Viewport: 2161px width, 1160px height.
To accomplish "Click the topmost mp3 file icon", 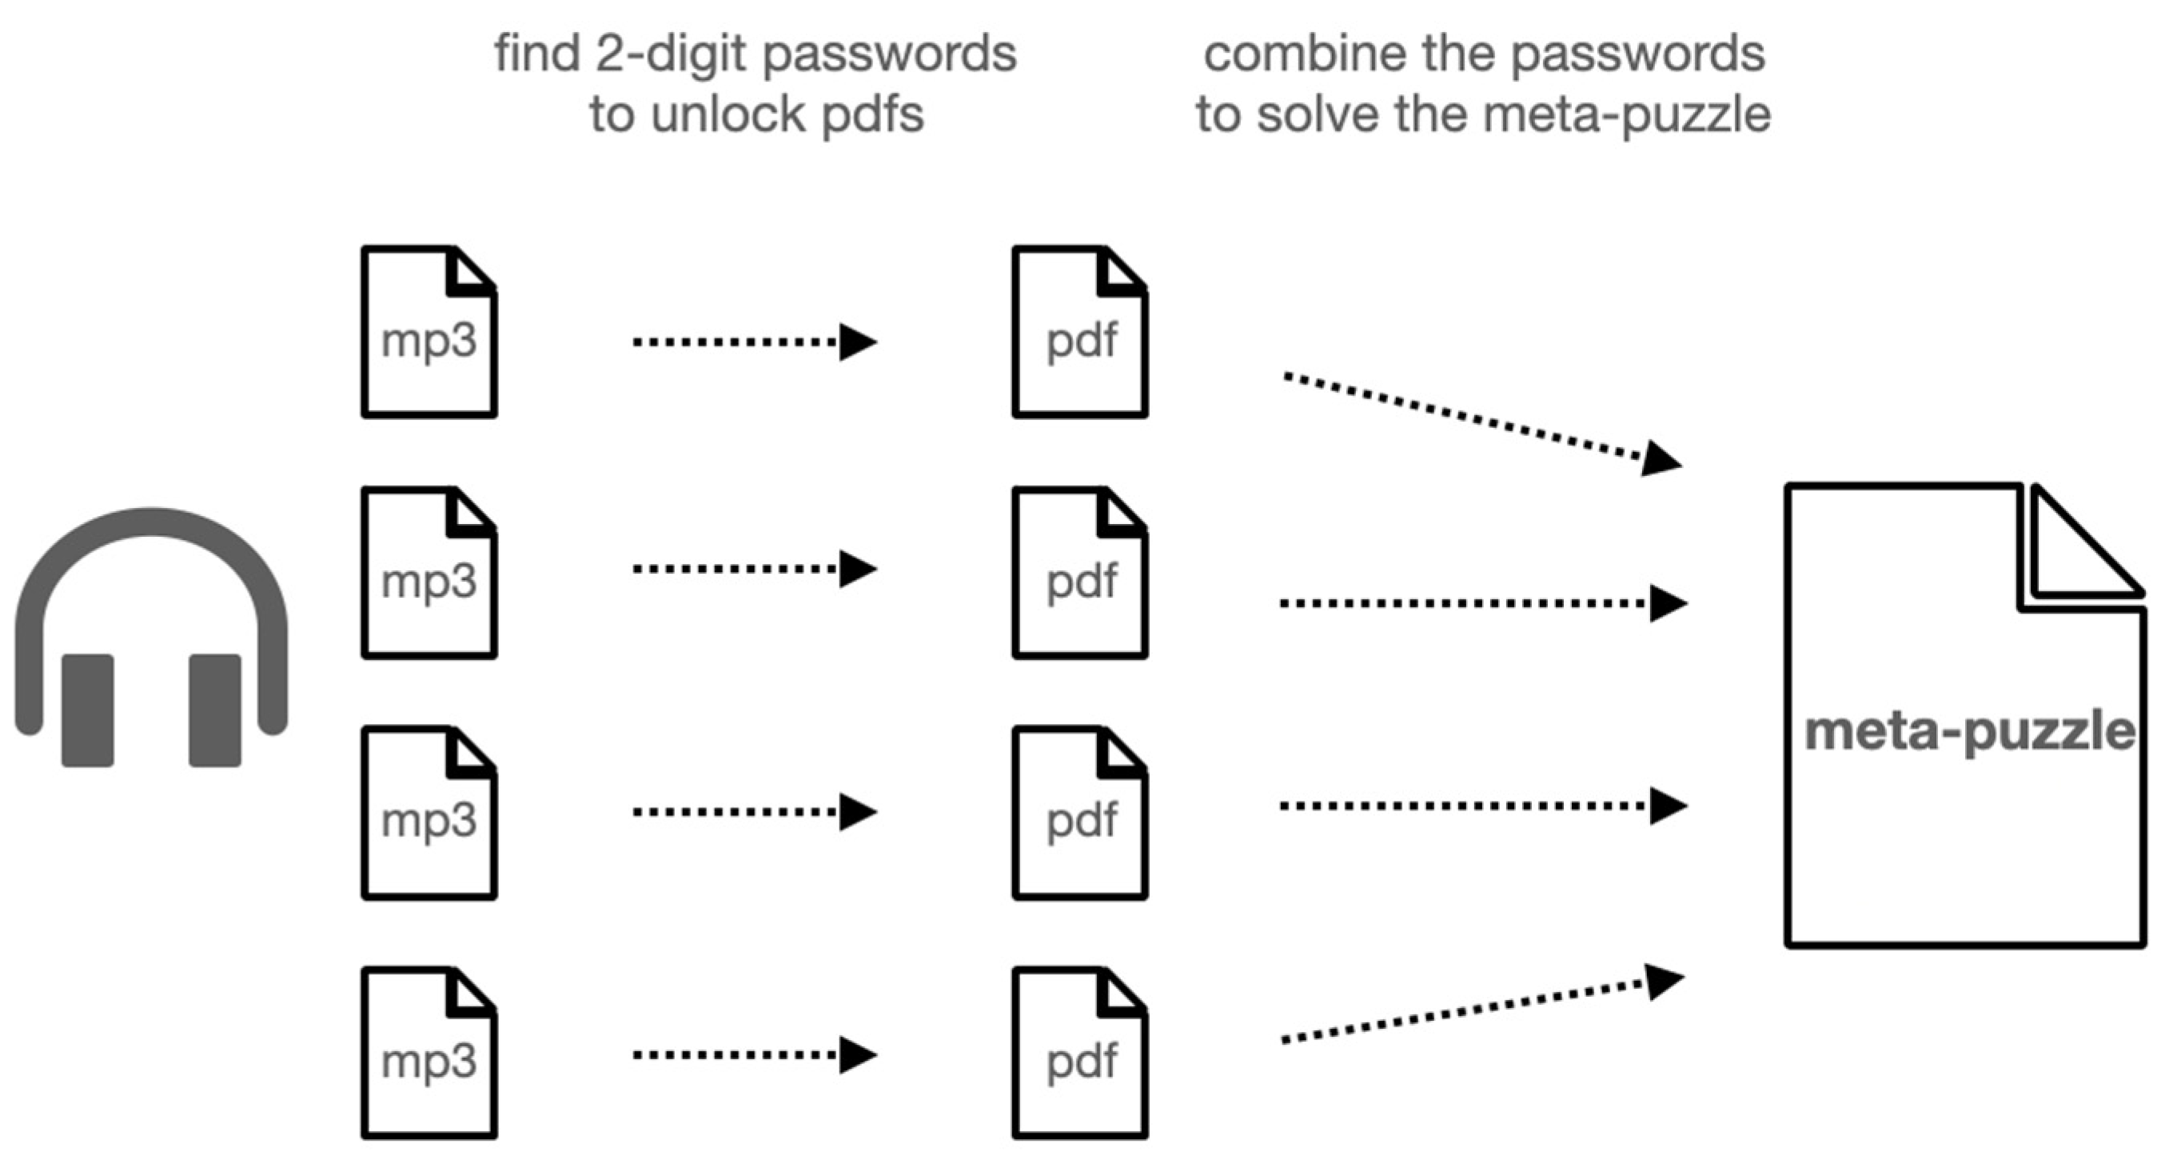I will pos(429,332).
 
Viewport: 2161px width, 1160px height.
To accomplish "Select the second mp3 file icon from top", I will pos(429,573).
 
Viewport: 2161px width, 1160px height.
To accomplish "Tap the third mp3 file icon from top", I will pos(429,813).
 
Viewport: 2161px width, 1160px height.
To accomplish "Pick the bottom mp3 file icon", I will pos(429,1053).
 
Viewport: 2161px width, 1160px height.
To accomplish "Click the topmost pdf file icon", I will pos(1079,332).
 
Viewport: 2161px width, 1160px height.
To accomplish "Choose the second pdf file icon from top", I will pos(1079,573).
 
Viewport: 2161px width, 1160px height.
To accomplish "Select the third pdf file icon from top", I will pos(1079,813).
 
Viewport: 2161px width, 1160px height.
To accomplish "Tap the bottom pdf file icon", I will pos(1079,1053).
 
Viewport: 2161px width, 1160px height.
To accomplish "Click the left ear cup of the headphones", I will pos(87,710).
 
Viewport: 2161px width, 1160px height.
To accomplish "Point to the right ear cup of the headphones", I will pos(215,710).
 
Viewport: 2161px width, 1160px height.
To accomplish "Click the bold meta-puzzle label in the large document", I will pos(1968,732).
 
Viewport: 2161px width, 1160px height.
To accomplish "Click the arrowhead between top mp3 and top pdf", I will pos(857,342).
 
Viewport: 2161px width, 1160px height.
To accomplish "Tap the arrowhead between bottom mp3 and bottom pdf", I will pos(857,1055).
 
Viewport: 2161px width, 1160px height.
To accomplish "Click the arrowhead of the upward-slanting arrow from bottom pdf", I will pos(1665,982).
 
